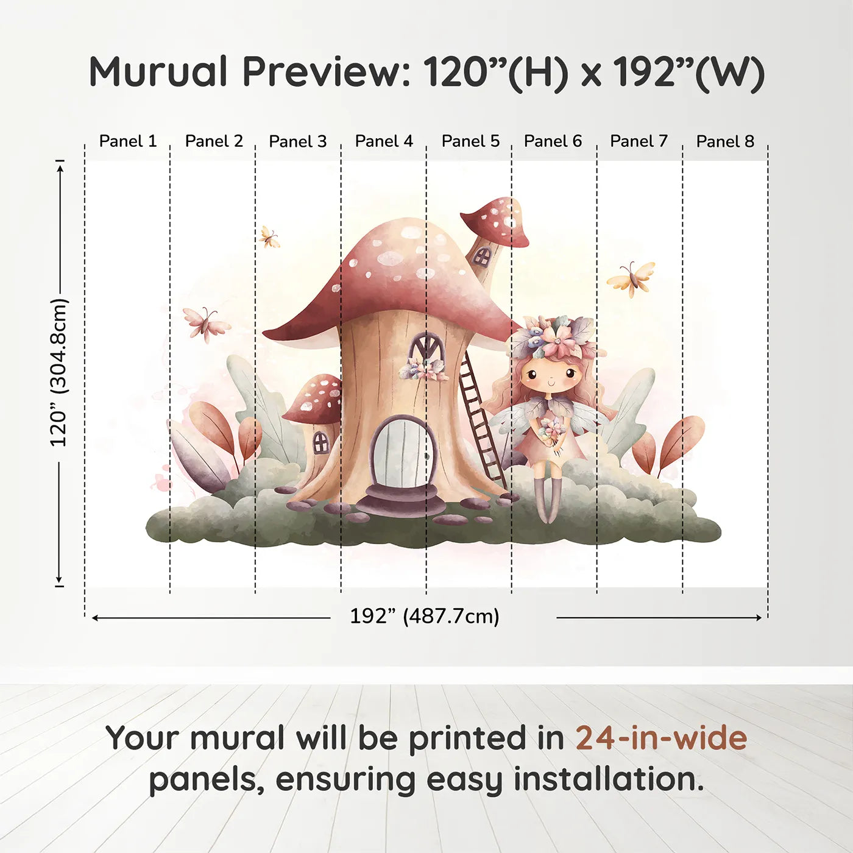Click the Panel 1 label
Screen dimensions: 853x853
(x=128, y=141)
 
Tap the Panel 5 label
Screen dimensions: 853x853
(x=470, y=141)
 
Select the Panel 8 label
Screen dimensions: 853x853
(x=725, y=141)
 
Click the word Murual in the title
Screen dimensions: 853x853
(x=158, y=71)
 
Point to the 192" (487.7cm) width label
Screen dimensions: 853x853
(x=425, y=616)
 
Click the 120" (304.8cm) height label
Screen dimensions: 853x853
(x=58, y=372)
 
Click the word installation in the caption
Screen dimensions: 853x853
(x=609, y=779)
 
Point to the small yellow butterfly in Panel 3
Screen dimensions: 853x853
(x=269, y=237)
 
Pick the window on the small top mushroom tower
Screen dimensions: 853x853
(x=483, y=256)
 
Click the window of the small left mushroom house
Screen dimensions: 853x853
(x=321, y=441)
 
